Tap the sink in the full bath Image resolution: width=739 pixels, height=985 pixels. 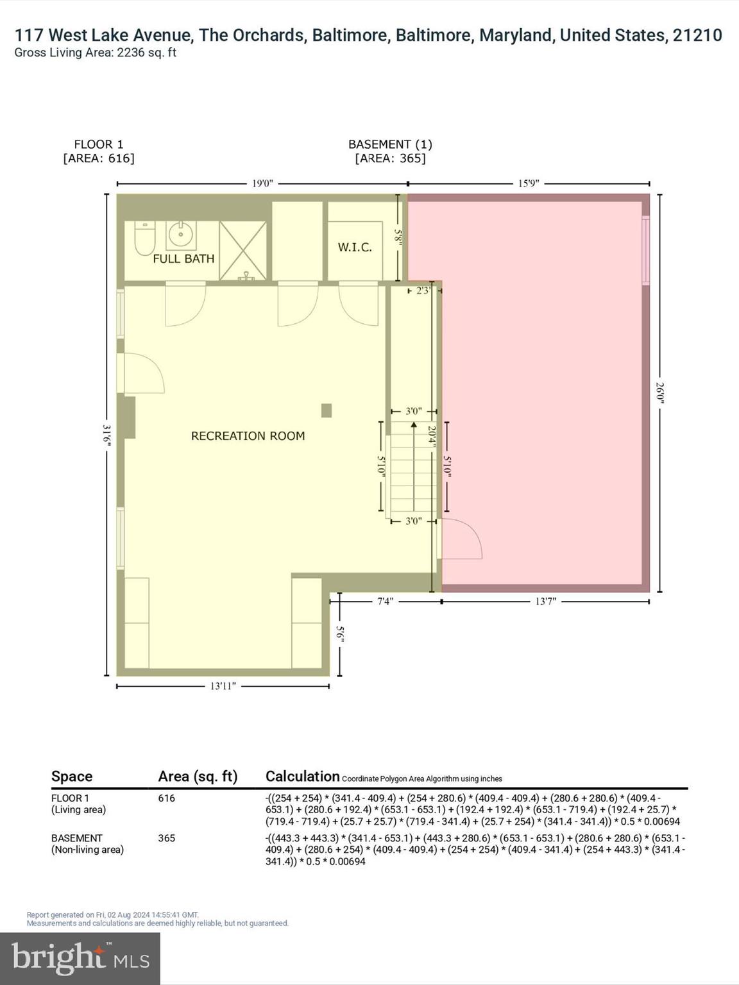coord(182,235)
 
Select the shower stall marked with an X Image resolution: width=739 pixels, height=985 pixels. coord(243,251)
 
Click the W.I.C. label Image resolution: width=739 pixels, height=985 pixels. coord(355,247)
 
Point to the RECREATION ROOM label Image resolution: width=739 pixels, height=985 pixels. coord(248,436)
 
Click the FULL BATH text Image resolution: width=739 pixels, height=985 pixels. coord(183,259)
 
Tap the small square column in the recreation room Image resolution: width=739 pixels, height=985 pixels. coord(327,410)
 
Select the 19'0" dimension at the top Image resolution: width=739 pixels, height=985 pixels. coord(262,184)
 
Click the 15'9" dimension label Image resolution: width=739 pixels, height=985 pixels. coord(529,184)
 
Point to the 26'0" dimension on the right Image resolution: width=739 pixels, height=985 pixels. coord(659,392)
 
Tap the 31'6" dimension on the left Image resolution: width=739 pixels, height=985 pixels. coord(107,435)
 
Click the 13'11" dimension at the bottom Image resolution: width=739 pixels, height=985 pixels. coord(223,686)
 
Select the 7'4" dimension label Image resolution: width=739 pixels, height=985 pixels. coord(384,602)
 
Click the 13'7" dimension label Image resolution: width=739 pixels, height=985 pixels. coord(545,602)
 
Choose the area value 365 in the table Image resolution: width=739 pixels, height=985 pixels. coord(167,838)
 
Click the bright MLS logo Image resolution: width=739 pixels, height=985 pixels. coord(80,959)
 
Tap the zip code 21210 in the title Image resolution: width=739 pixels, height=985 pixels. coord(697,35)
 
